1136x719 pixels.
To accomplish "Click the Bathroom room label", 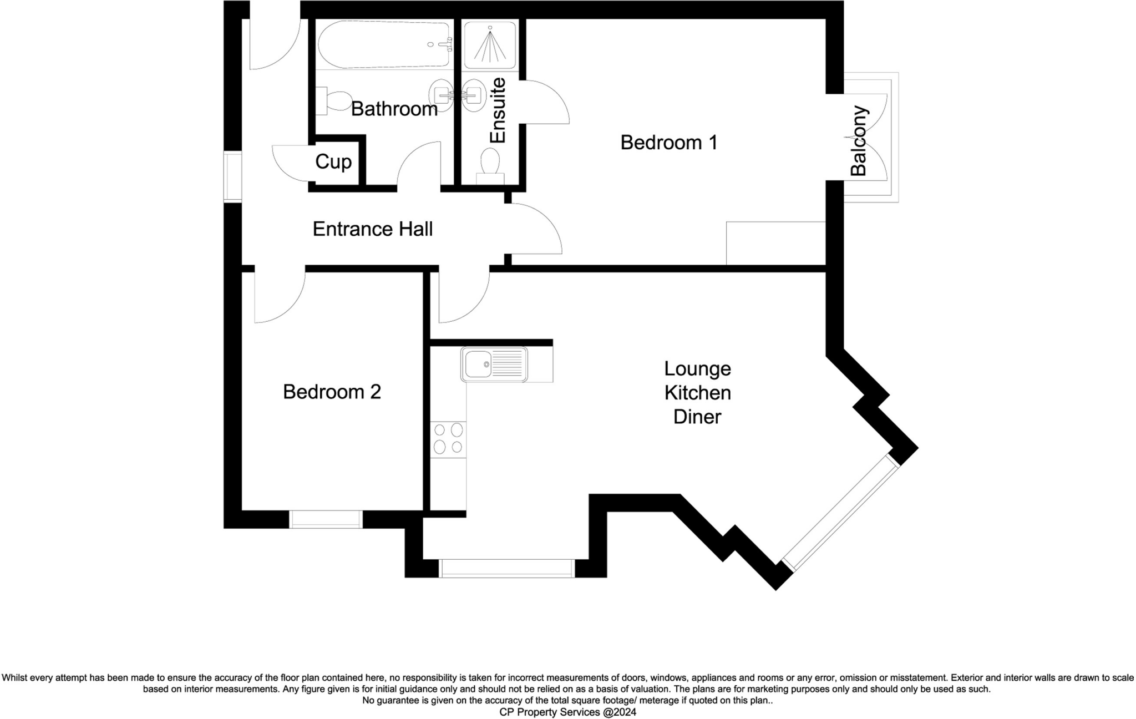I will [394, 109].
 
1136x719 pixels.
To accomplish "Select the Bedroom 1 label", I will [668, 143].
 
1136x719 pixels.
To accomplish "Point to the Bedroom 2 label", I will [332, 392].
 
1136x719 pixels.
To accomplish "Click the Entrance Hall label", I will [372, 229].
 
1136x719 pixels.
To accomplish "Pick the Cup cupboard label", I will [333, 162].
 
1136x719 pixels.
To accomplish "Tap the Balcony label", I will [858, 141].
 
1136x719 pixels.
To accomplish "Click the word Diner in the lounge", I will [697, 417].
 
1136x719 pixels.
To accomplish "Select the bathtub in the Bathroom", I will [384, 44].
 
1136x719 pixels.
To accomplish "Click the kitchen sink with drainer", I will [494, 364].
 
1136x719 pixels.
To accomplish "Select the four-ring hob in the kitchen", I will [448, 438].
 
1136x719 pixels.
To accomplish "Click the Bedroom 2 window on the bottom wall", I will [326, 519].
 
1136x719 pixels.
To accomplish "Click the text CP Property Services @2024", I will [567, 712].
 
